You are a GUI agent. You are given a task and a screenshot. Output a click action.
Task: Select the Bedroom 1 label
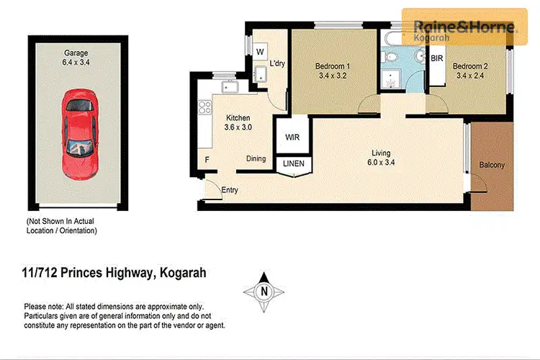[x=333, y=73]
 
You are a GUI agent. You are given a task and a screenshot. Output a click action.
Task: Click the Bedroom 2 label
[x=469, y=73]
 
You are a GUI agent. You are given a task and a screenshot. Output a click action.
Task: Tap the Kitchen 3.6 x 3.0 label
[x=238, y=123]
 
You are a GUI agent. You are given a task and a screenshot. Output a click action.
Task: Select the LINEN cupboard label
[x=294, y=164]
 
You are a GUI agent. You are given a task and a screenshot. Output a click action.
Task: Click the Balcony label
[x=492, y=165]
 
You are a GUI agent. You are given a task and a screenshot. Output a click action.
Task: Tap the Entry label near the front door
[x=230, y=190]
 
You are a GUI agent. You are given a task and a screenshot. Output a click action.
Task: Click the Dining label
[x=256, y=159]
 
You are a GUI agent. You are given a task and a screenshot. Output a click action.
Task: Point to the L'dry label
[x=277, y=64]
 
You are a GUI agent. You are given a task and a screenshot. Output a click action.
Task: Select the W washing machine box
[x=260, y=52]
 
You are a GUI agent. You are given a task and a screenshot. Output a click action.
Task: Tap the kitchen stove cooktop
[x=204, y=108]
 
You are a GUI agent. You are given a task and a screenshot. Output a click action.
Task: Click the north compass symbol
[x=264, y=292]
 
